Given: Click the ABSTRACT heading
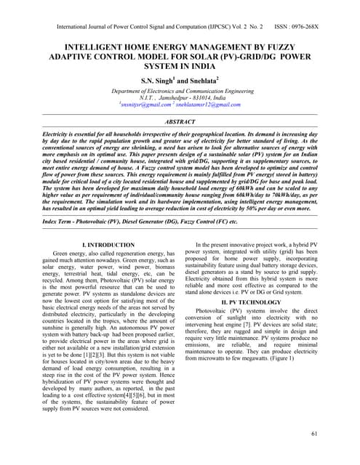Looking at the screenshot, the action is click(x=180, y=124).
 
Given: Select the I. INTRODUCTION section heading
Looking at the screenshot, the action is click(x=108, y=246).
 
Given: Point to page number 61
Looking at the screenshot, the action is click(x=313, y=434).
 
